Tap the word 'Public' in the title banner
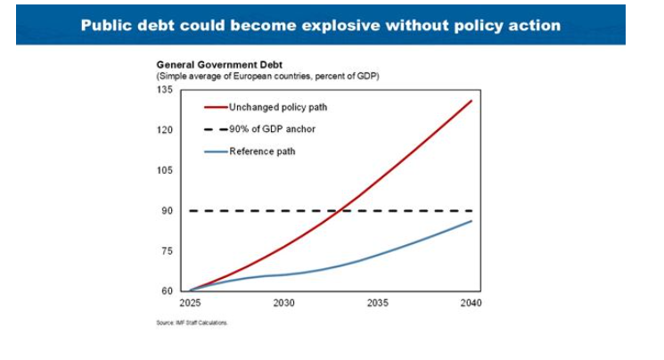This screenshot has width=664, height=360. point(109,24)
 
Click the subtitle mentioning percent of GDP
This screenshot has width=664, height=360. point(268,77)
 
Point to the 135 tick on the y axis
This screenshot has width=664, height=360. point(165,90)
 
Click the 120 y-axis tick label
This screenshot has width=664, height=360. point(165,130)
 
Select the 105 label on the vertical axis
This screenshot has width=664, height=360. point(165,170)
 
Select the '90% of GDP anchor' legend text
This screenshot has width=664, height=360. point(272,129)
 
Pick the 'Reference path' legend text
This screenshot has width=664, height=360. point(262,151)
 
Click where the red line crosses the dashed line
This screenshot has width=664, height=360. point(341,210)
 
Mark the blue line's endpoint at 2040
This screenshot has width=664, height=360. point(471,221)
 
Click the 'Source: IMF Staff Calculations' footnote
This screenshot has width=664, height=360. point(193,323)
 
